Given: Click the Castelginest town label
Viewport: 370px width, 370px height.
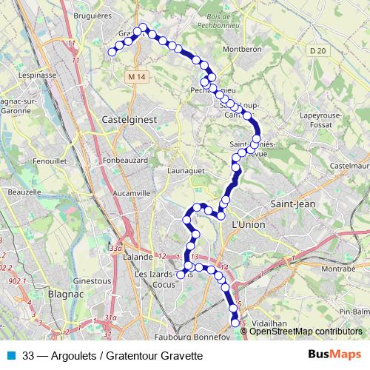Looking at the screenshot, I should [x=127, y=118].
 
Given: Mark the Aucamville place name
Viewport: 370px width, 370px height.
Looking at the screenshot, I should [x=131, y=192].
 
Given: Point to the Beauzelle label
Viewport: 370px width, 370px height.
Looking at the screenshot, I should [x=24, y=192].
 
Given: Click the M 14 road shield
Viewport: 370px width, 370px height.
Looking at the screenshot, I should [x=135, y=76].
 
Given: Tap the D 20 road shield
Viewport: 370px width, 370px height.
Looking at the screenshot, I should [x=317, y=50].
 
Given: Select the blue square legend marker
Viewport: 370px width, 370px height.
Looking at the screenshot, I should [x=10, y=355].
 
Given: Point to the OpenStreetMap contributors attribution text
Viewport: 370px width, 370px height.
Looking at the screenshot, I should [x=306, y=332].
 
